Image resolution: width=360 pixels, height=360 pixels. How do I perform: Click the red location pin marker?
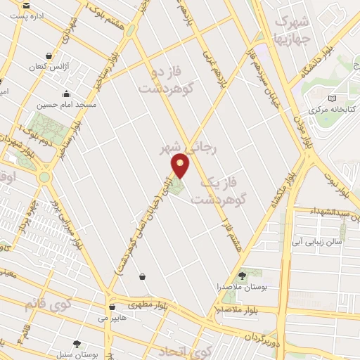pyautogui.click(x=181, y=165)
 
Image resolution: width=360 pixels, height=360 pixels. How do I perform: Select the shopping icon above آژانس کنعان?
pyautogui.click(x=48, y=56)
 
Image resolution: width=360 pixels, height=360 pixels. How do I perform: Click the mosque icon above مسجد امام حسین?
pyautogui.click(x=66, y=94)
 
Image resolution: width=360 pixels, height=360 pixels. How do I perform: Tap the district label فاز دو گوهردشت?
pyautogui.click(x=167, y=81)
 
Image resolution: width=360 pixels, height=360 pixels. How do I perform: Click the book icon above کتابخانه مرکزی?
pyautogui.click(x=332, y=98)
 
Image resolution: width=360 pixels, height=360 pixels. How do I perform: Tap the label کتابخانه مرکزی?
pyautogui.click(x=334, y=110)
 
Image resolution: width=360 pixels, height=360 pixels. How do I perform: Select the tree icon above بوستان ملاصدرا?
pyautogui.click(x=243, y=276)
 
